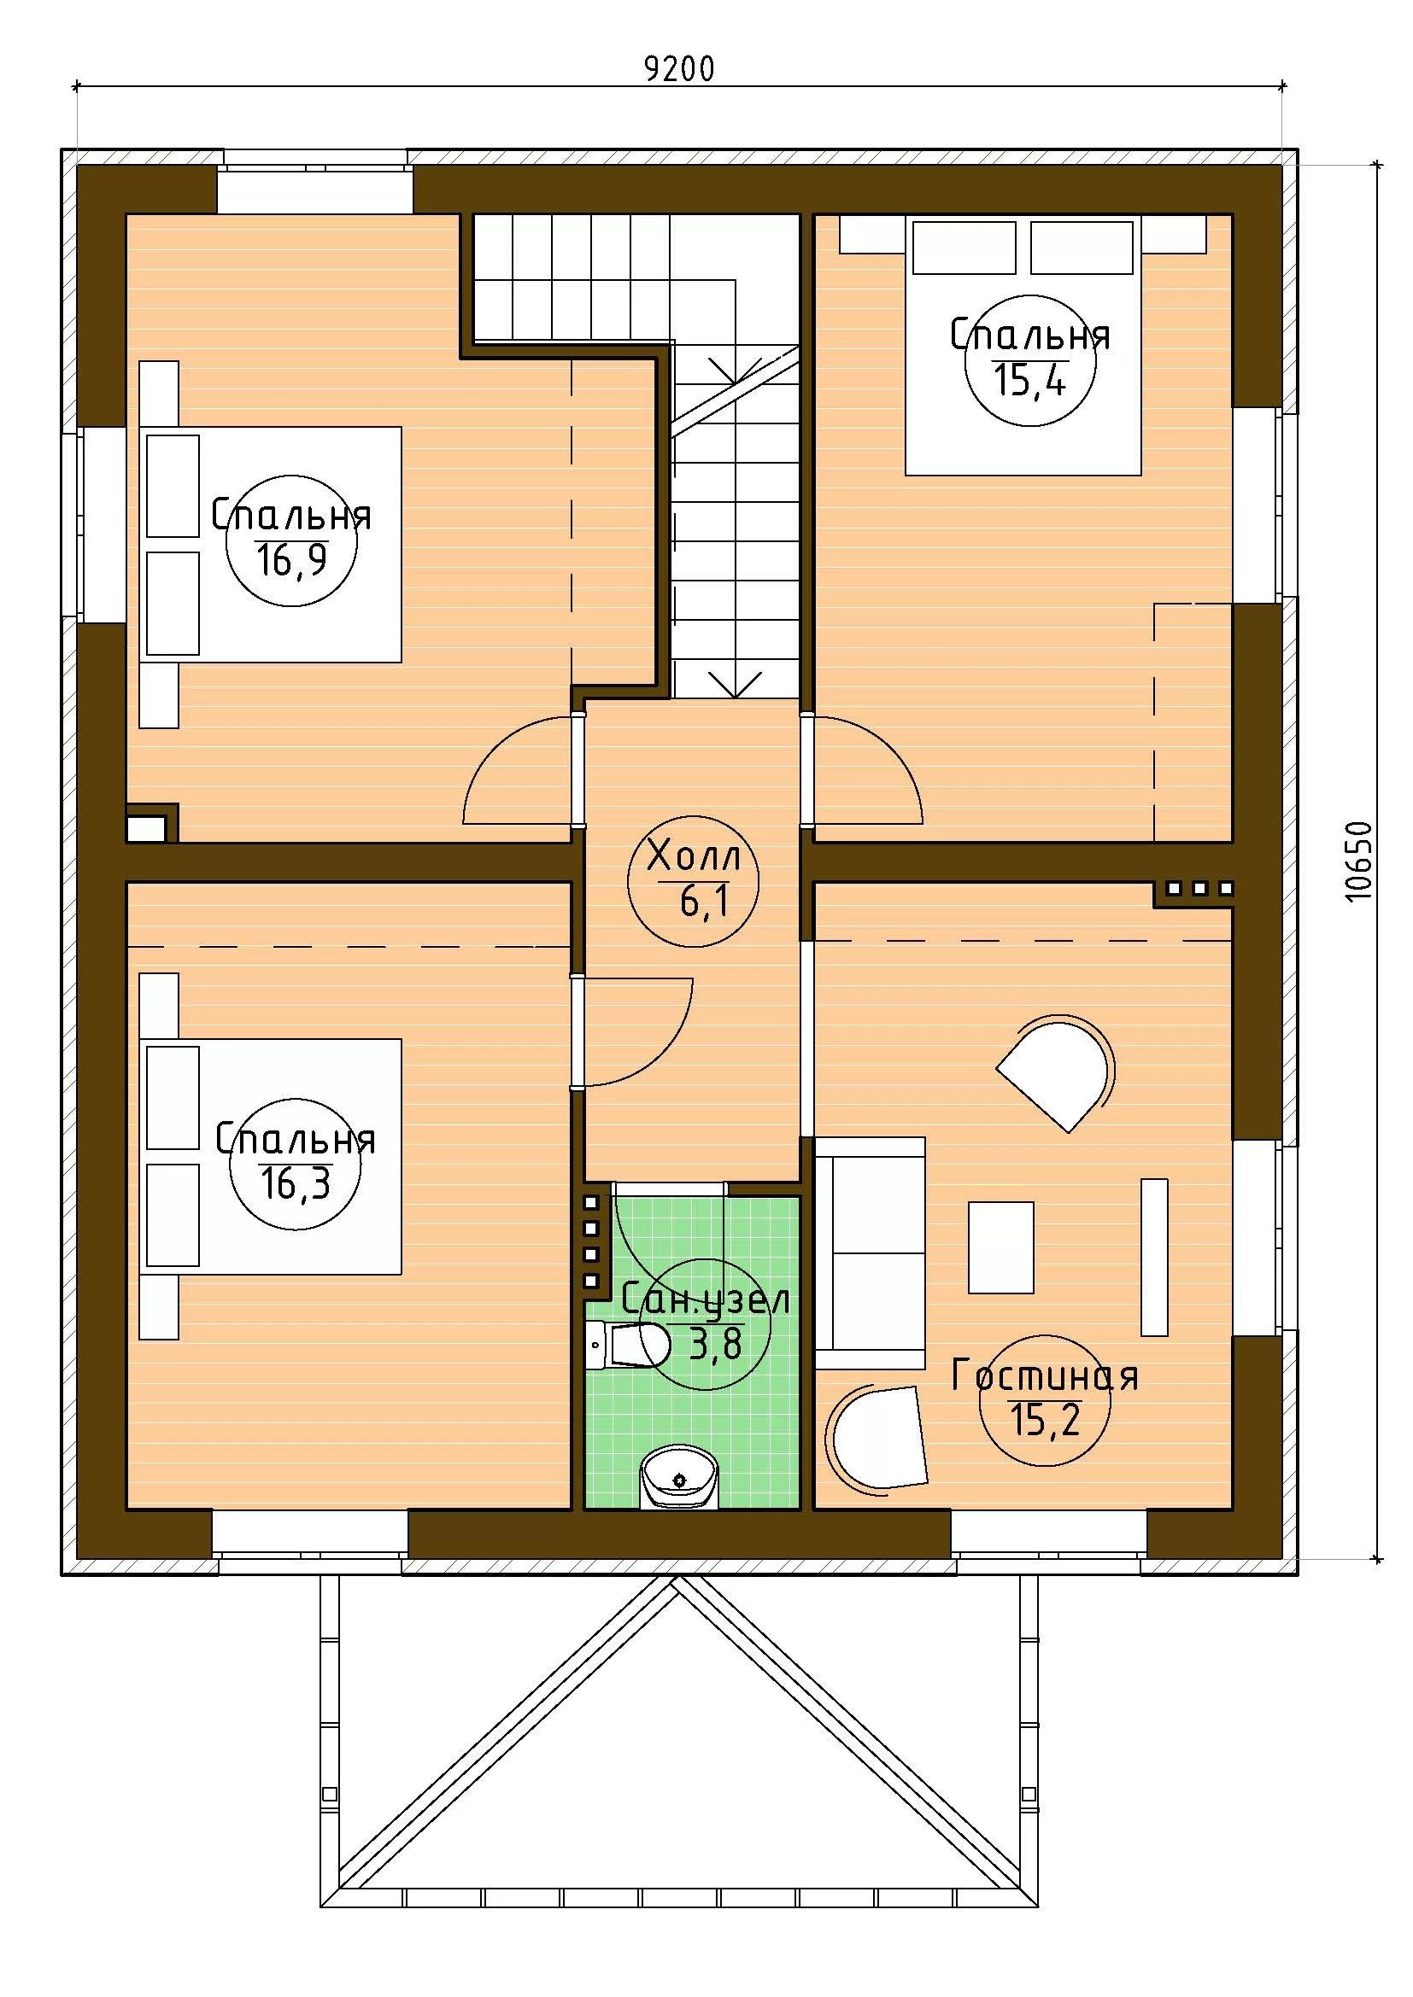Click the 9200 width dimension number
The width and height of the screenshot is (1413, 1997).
point(679,67)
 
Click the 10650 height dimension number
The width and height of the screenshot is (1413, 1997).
point(1357,861)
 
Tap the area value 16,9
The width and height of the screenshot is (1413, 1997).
point(291,560)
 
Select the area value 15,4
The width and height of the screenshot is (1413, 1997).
point(1031,379)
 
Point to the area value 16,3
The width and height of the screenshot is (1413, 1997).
point(296,1183)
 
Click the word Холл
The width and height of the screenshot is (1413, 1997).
point(694,856)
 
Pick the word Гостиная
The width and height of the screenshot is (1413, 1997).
point(1045,1376)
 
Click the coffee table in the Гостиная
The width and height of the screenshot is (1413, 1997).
point(1001,1247)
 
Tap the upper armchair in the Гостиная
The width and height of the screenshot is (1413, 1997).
point(1055,1071)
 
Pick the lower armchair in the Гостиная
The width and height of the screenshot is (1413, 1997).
point(877,1439)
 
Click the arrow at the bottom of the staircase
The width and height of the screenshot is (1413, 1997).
point(736,683)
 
